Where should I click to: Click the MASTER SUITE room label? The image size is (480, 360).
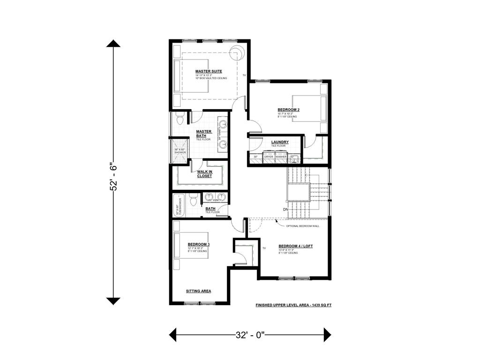click(x=209, y=71)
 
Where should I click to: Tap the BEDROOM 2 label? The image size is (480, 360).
click(x=289, y=110)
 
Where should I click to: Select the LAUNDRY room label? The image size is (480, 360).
click(x=280, y=142)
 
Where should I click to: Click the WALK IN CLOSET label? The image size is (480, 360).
click(x=204, y=173)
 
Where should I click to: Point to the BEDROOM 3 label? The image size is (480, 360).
click(x=198, y=244)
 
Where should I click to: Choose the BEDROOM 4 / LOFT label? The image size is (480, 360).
click(x=295, y=246)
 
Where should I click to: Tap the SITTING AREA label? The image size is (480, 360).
click(x=198, y=291)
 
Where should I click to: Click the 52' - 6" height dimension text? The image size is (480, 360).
click(x=113, y=176)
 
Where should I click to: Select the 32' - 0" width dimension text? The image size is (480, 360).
click(x=250, y=335)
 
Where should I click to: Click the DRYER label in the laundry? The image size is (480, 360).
click(x=269, y=157)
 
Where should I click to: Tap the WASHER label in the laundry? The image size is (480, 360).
click(x=281, y=157)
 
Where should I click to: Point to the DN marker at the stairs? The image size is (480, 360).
click(x=285, y=209)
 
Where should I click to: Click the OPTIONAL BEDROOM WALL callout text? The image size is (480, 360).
click(x=303, y=226)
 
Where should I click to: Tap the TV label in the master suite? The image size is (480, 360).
click(x=244, y=75)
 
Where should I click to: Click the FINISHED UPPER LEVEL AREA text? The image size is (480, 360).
click(x=293, y=305)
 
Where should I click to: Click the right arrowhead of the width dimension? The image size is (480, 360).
click(x=327, y=335)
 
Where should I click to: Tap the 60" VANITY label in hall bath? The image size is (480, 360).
click(x=215, y=200)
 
